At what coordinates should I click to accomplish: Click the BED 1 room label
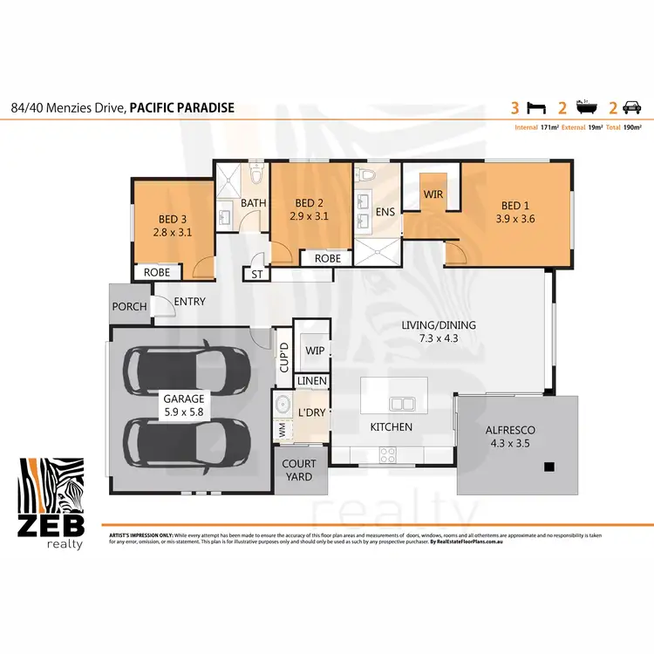click(514, 206)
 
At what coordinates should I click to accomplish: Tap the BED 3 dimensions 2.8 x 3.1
click(171, 233)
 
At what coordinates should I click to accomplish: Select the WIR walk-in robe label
click(433, 194)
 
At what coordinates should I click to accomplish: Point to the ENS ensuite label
click(385, 212)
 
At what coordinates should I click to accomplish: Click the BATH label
click(253, 203)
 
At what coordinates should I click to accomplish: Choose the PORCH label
click(129, 306)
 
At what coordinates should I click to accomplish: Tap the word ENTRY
click(189, 302)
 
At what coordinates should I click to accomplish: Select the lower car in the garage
click(187, 445)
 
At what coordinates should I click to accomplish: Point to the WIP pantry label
click(314, 351)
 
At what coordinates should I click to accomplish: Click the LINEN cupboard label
click(311, 381)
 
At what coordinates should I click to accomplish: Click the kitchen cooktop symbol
click(387, 453)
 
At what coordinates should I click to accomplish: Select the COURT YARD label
click(300, 471)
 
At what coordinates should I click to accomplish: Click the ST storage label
click(257, 274)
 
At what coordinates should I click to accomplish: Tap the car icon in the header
click(632, 108)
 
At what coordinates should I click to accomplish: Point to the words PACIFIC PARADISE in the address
click(181, 108)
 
